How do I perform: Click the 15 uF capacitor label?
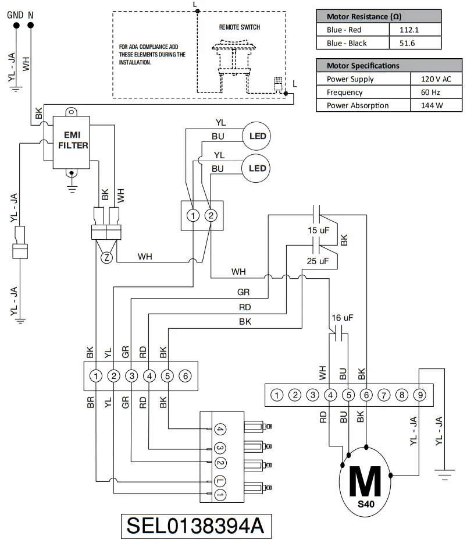(x=318, y=230)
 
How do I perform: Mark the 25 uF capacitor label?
(x=318, y=261)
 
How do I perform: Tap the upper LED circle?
(x=257, y=137)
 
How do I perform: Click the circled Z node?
(x=106, y=258)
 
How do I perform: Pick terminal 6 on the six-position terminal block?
(x=184, y=375)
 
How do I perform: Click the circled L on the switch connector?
(x=219, y=480)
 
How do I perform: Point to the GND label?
(x=15, y=14)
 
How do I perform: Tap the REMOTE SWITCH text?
(x=239, y=27)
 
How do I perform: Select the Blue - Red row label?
(x=345, y=30)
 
